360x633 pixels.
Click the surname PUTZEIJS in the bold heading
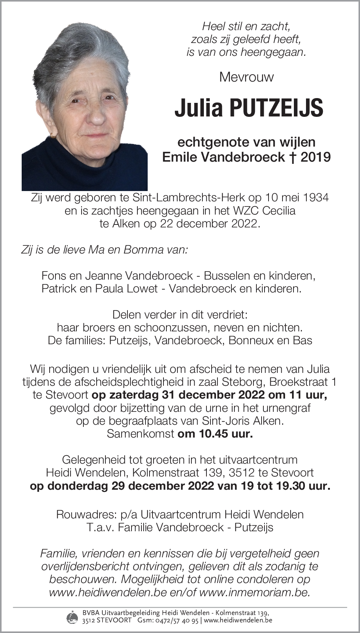tap(276, 108)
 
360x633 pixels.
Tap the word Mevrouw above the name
tap(246, 77)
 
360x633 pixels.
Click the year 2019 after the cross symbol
tap(316, 157)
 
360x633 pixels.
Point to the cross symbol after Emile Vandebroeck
tap(293, 157)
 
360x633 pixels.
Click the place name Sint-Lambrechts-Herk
tap(188, 198)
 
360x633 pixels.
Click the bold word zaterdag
tap(129, 395)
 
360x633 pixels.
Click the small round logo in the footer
tap(72, 617)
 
